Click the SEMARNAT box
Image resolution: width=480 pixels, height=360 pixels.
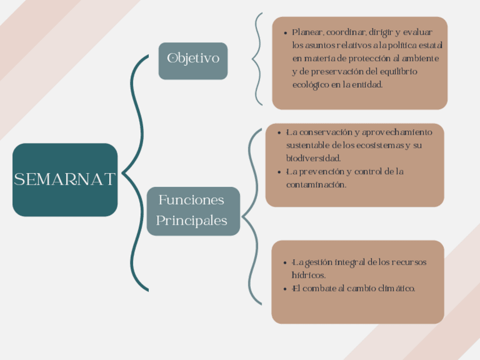tap(65, 180)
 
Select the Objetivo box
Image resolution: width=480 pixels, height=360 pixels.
tap(193, 59)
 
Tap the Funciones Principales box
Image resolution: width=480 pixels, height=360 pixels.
tap(193, 211)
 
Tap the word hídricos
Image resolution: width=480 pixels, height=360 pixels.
tap(309, 276)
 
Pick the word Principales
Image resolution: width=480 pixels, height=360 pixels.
tap(192, 220)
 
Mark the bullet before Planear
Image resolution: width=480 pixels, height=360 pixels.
tap(286, 33)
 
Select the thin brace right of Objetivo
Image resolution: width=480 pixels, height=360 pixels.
tap(258, 59)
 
